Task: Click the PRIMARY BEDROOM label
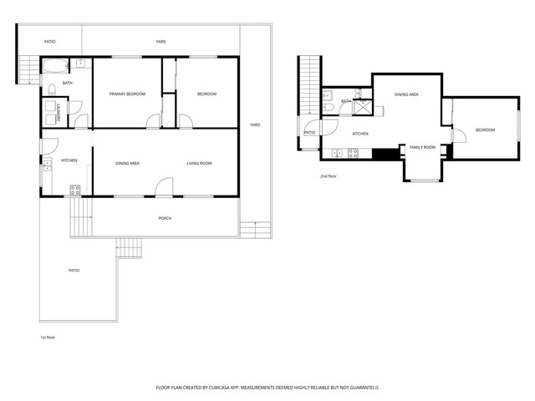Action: pos(127,94)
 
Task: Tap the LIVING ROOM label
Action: pos(199,163)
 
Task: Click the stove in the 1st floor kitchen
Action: pos(74,189)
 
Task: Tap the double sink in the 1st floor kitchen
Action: pos(47,163)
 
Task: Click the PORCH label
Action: pos(165,218)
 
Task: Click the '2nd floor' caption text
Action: pos(329,176)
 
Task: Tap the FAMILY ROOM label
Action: pos(422,147)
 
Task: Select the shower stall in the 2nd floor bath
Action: pos(362,106)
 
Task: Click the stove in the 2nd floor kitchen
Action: pos(354,153)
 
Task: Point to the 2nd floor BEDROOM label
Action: pos(485,129)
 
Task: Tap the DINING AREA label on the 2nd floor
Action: pos(406,95)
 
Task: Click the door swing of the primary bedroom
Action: pos(153,122)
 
